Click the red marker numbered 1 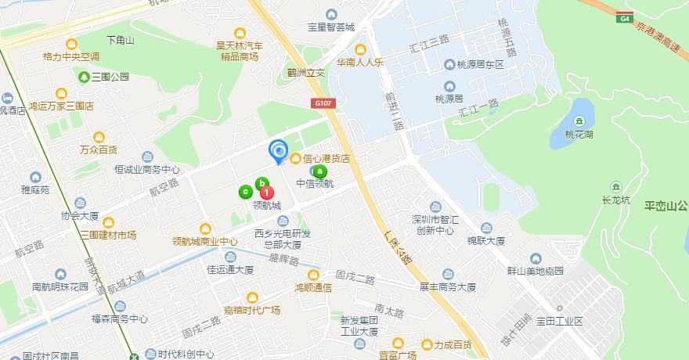coord(267,191)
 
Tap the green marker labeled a coord(319,171)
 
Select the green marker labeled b coord(262,183)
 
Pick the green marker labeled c coord(246,190)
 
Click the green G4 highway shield coord(624,17)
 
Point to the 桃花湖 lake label coord(579,133)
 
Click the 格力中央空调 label coord(71,56)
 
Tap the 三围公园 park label coord(110,77)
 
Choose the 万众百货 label coord(99,149)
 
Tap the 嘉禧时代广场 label coord(252,309)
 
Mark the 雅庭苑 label coord(35,189)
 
